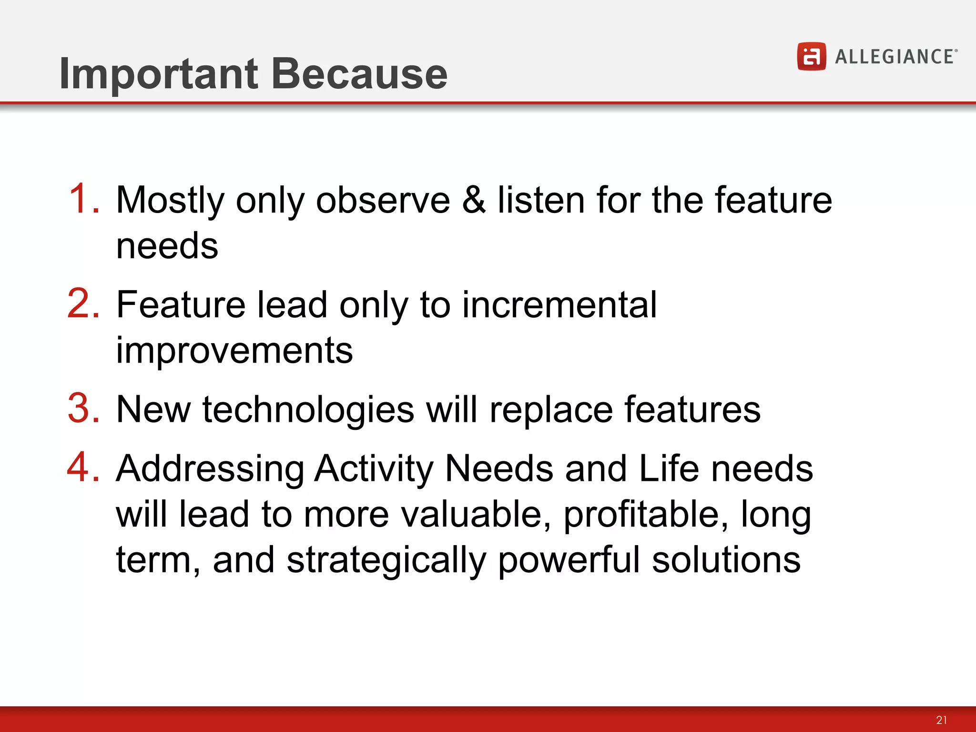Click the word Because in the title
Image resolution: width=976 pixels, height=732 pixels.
tap(359, 74)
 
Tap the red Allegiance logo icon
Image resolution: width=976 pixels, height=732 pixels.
tap(811, 56)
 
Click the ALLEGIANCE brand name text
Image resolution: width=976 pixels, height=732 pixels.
tap(895, 57)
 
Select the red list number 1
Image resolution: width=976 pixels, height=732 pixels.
tap(83, 199)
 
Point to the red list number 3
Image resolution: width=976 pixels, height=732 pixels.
tap(83, 408)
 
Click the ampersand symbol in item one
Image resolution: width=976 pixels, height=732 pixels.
tap(474, 200)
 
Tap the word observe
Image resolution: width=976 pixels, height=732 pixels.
tap(383, 200)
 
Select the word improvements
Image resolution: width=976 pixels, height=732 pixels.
tap(234, 350)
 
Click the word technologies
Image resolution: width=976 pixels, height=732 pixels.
tap(308, 409)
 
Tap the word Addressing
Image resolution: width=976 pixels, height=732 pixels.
tap(210, 469)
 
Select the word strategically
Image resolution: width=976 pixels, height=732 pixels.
tap(386, 560)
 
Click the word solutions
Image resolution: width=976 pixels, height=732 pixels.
tap(726, 560)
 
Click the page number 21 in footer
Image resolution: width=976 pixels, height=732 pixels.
tap(941, 720)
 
